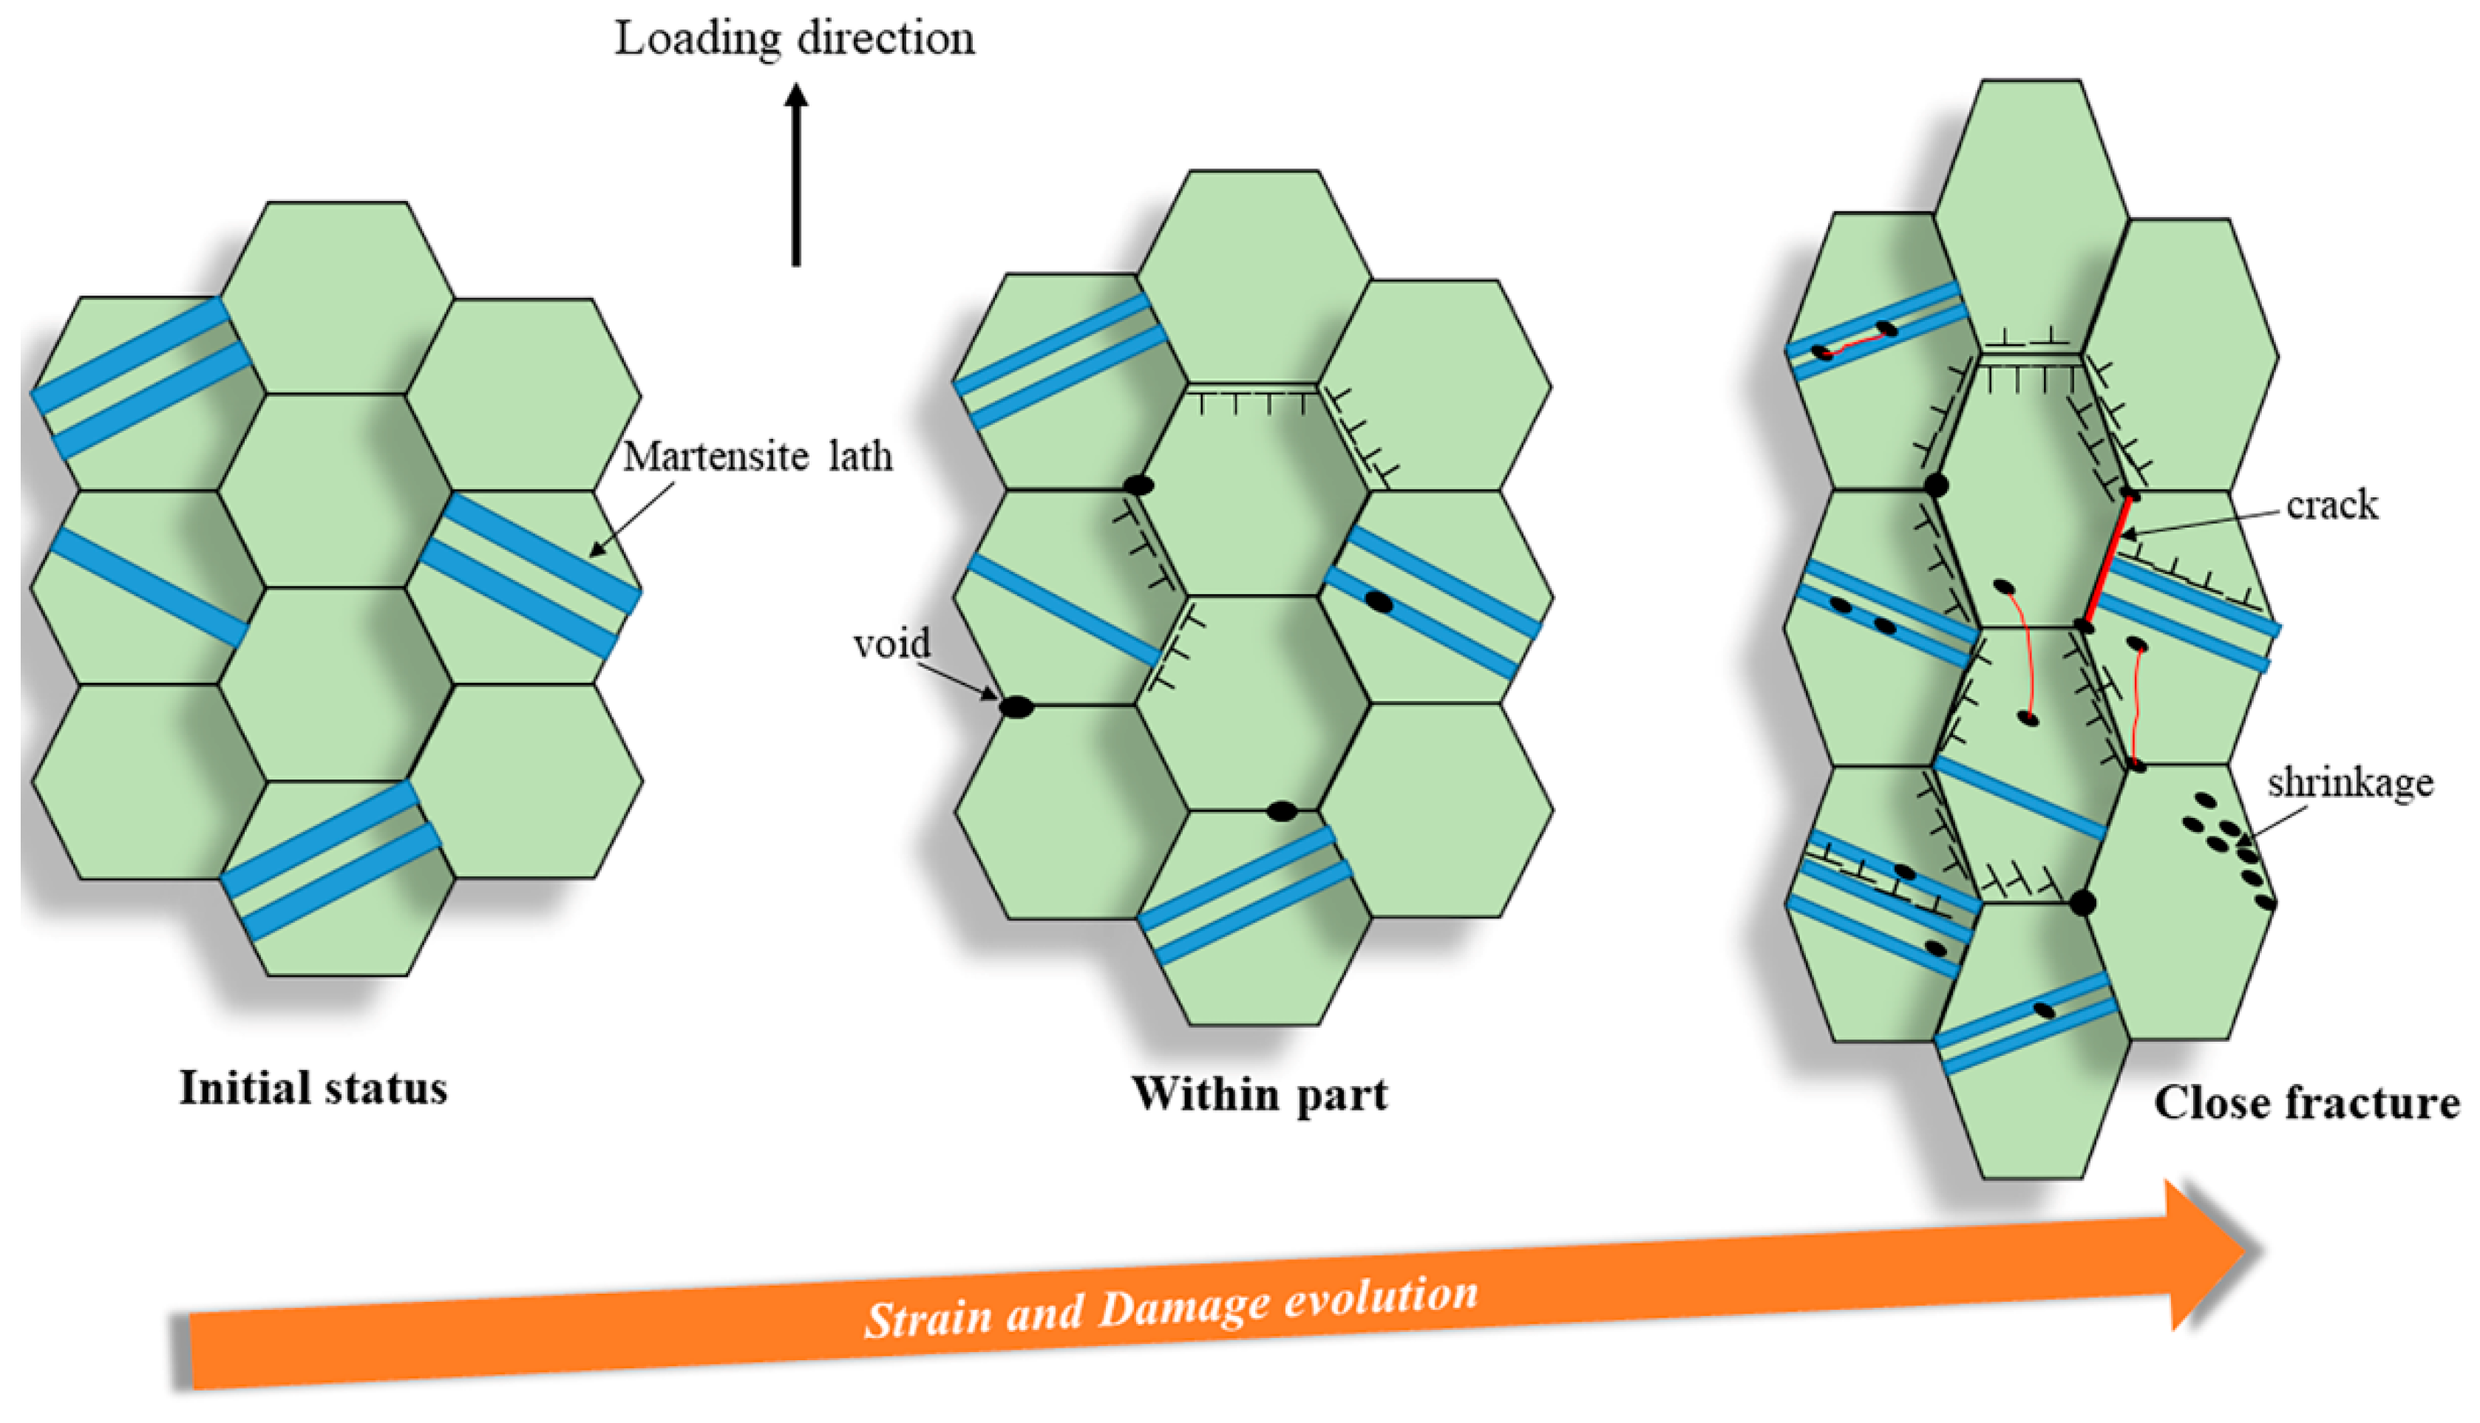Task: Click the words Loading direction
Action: pos(794,39)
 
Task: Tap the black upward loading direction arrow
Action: pos(795,176)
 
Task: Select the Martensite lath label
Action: pos(758,457)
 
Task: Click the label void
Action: pos(891,644)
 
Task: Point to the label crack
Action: pos(2331,505)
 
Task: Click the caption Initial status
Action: pos(313,1088)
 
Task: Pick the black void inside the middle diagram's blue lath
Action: pos(1379,602)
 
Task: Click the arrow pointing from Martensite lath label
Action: pos(631,518)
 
